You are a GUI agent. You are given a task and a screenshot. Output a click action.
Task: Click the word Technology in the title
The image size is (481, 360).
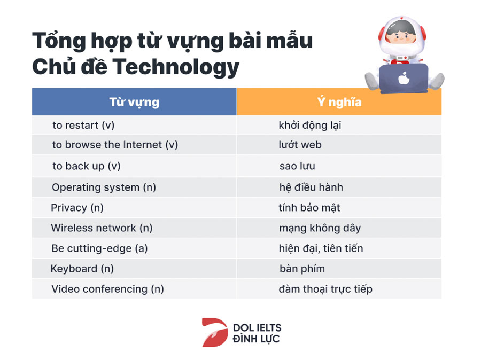(175, 67)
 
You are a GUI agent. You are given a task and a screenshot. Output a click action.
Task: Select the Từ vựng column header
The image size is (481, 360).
(134, 102)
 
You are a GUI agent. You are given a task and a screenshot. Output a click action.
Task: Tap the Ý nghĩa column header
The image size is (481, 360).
(339, 102)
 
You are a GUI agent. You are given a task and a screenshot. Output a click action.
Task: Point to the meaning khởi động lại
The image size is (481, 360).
(310, 126)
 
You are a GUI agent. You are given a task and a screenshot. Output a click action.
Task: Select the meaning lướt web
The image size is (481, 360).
(300, 145)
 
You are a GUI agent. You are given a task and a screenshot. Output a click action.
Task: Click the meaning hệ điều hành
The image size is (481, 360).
(311, 187)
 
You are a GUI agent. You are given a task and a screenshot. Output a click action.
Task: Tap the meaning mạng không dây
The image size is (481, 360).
(320, 228)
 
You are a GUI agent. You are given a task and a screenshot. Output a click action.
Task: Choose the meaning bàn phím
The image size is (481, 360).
(302, 269)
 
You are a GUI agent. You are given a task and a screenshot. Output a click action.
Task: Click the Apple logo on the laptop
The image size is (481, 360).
(404, 78)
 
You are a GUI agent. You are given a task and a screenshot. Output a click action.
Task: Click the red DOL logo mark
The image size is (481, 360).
(215, 332)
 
